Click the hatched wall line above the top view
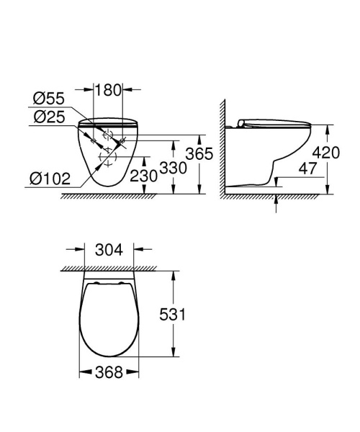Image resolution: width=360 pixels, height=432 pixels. [x=109, y=269]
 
